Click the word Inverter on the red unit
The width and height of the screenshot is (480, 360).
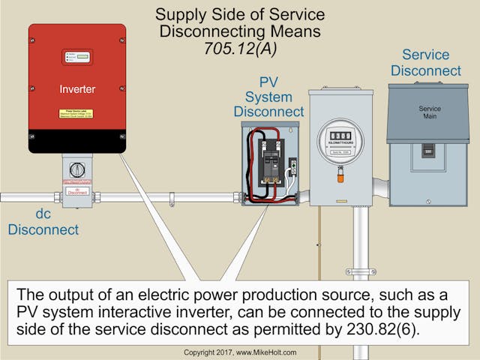coord(77,89)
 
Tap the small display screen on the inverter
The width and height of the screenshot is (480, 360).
coord(77,56)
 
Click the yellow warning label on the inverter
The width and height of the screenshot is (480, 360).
coord(77,115)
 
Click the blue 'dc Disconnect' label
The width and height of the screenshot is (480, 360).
coord(43,222)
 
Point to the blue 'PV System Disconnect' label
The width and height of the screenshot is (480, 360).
coord(268,98)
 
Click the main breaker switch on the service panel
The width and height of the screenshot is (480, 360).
coord(429,150)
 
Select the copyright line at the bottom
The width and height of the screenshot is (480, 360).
coord(239,352)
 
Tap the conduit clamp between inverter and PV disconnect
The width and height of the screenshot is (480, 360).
coord(172,199)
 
